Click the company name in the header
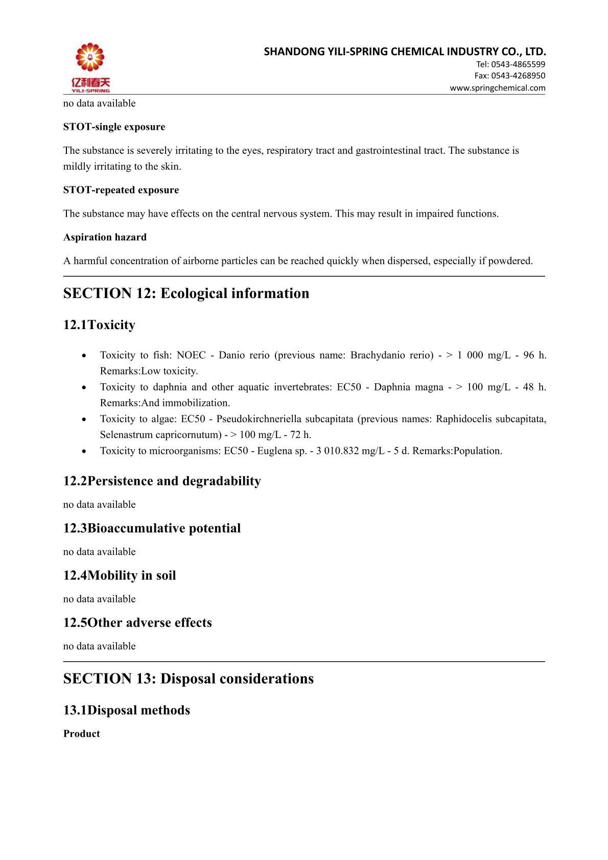tap(405, 52)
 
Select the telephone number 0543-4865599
tap(518, 64)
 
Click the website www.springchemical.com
tap(497, 88)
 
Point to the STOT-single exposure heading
tap(114, 127)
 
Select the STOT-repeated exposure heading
tap(121, 190)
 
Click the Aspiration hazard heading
tap(105, 237)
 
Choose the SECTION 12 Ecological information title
tap(186, 293)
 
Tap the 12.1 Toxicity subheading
tap(99, 325)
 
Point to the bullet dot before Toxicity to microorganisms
tap(84, 451)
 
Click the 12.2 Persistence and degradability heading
tap(162, 481)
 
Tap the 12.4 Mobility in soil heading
tap(120, 575)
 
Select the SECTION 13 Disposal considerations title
tap(188, 679)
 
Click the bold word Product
tap(82, 734)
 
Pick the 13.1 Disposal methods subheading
tap(127, 710)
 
